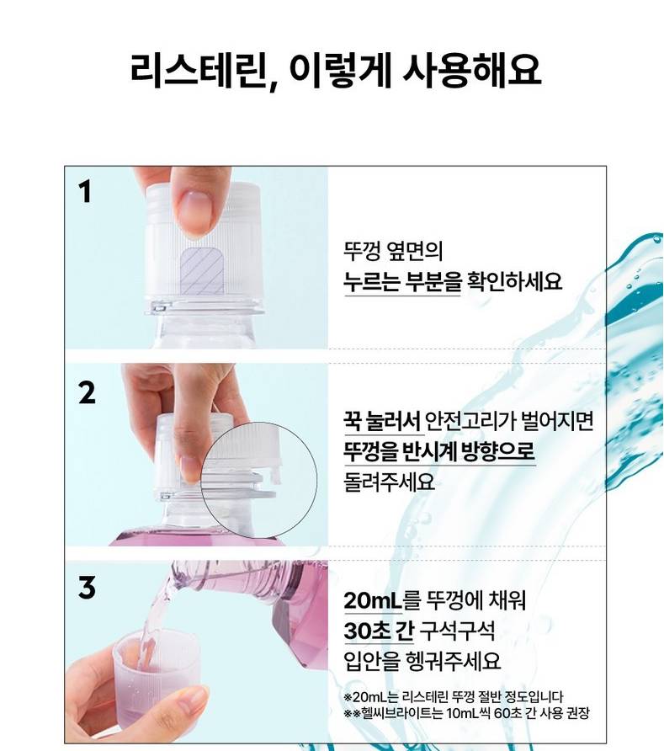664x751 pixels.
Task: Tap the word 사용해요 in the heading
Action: tap(471, 70)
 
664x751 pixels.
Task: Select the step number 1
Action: tap(85, 192)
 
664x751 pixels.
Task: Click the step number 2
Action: tap(87, 393)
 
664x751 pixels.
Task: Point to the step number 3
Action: tap(87, 587)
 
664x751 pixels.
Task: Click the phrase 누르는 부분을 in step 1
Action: tap(402, 281)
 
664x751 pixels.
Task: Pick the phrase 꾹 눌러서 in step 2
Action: tap(381, 421)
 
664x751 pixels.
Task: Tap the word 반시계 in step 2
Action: tap(424, 451)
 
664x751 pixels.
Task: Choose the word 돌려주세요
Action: tap(389, 482)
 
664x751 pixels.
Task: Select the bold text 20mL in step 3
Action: tap(373, 600)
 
